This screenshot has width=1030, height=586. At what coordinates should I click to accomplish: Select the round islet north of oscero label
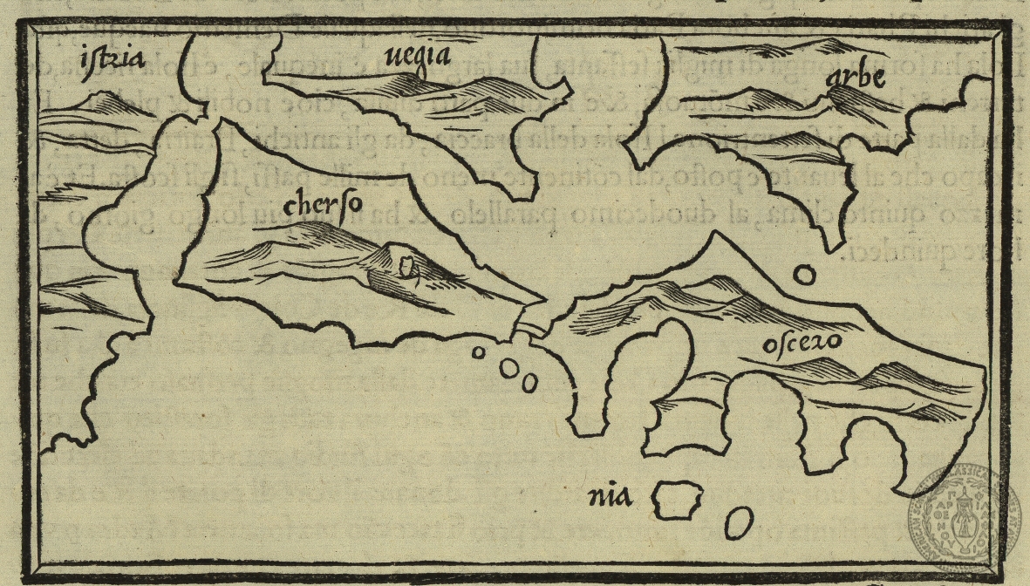(805, 276)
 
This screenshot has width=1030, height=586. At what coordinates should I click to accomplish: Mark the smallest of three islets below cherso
(478, 353)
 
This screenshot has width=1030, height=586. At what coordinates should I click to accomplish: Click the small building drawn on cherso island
(405, 265)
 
